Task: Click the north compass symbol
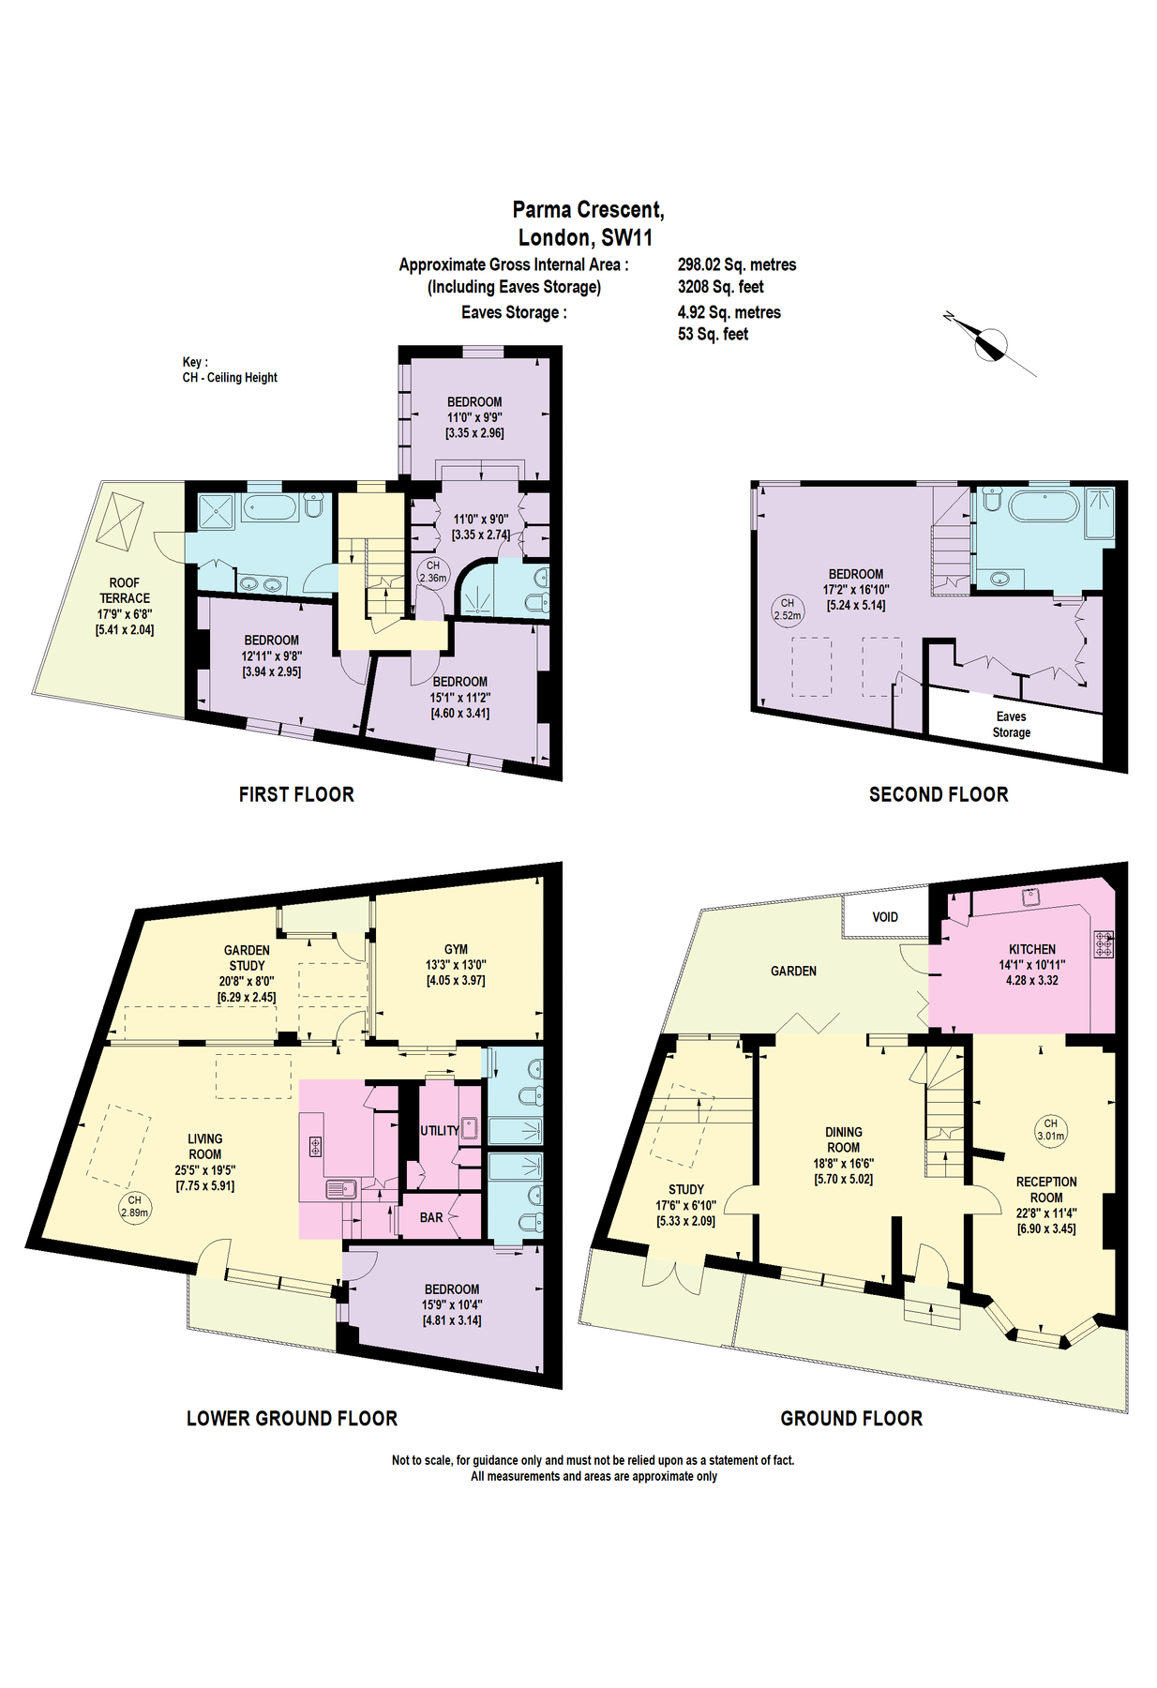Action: point(990,344)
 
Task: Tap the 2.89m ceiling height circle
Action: point(135,1206)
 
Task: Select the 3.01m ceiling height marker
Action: point(1050,1129)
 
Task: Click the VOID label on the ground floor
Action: point(884,917)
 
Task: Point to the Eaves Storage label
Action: point(1011,724)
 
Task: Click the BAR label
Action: point(431,1217)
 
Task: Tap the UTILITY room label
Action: point(439,1130)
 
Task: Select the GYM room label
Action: point(456,949)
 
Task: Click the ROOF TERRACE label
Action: point(124,590)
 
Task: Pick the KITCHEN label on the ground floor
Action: point(1031,949)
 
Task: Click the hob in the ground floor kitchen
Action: point(1104,943)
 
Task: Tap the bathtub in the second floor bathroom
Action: point(1044,506)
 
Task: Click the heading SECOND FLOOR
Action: point(938,794)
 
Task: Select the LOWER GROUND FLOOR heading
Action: point(292,1418)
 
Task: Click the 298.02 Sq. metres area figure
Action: point(736,265)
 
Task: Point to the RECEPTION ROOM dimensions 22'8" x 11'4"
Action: point(1046,1213)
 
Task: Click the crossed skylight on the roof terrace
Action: point(120,520)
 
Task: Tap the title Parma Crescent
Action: point(588,210)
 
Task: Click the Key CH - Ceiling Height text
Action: point(229,370)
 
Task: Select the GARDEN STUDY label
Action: point(247,957)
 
